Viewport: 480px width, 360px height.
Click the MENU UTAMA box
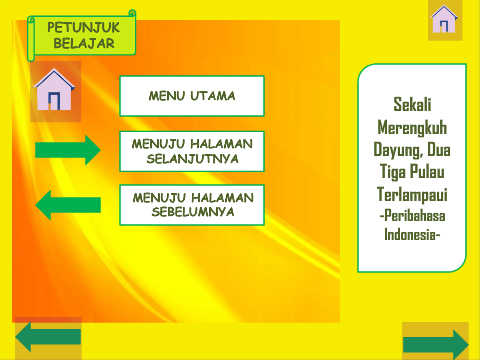pyautogui.click(x=192, y=96)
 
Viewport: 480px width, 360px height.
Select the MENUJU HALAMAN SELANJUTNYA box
pyautogui.click(x=192, y=151)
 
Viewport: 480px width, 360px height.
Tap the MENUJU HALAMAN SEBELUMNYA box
pyautogui.click(x=192, y=205)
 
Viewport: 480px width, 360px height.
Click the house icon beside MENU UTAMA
pyautogui.click(x=54, y=90)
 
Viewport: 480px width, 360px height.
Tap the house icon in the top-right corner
pyautogui.click(x=444, y=19)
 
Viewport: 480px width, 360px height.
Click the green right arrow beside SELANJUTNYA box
pyautogui.click(x=68, y=150)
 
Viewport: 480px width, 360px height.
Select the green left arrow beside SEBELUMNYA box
pyautogui.click(x=68, y=205)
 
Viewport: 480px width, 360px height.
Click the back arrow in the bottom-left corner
pyautogui.click(x=48, y=337)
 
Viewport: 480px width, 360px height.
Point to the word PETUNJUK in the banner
pyautogui.click(x=83, y=27)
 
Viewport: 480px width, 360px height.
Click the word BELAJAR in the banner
pyautogui.click(x=84, y=43)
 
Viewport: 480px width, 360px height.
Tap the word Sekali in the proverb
pyautogui.click(x=412, y=104)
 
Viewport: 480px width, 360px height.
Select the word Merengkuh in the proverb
pyautogui.click(x=412, y=128)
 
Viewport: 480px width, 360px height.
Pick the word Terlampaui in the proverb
pyautogui.click(x=412, y=195)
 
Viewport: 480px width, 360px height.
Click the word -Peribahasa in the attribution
pyautogui.click(x=412, y=216)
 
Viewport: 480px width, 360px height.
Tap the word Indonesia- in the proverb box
pyautogui.click(x=412, y=234)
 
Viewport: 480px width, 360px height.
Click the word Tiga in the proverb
pyautogui.click(x=393, y=172)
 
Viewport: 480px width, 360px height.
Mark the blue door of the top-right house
pyautogui.click(x=444, y=26)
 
